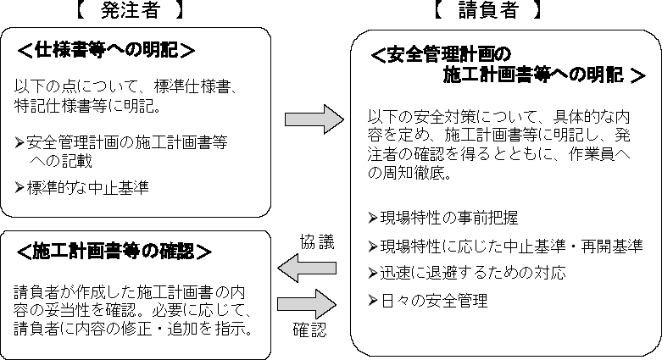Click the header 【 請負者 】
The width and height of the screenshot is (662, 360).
[487, 12]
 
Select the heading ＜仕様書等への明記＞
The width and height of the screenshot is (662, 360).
[105, 51]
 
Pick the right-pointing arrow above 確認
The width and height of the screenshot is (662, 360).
[309, 303]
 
